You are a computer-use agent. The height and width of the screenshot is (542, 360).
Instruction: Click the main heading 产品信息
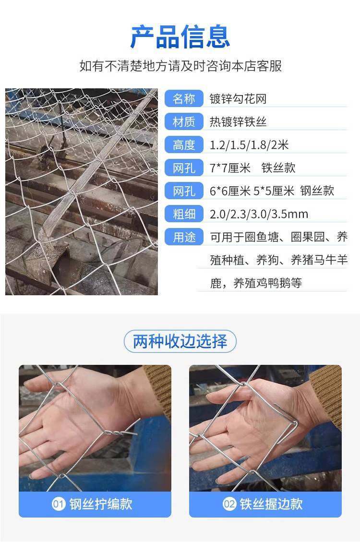[x=180, y=36]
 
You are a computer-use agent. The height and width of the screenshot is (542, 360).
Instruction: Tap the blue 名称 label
[x=184, y=99]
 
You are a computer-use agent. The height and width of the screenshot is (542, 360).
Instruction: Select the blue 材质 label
[x=184, y=121]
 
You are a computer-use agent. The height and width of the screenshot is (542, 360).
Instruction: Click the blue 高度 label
[x=184, y=145]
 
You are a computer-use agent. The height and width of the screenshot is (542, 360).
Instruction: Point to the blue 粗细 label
[x=184, y=214]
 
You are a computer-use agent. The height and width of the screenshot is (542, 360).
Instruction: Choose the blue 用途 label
[x=184, y=237]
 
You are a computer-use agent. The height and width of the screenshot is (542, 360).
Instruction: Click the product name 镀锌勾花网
[x=238, y=99]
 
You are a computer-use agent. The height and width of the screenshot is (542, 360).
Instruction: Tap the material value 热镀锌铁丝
[x=238, y=121]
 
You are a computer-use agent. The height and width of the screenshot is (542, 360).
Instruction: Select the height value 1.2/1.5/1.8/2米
[x=249, y=145]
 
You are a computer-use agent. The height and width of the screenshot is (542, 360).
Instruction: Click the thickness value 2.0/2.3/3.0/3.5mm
[x=259, y=214]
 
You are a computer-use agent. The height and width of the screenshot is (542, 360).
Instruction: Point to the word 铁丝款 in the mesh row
[x=278, y=168]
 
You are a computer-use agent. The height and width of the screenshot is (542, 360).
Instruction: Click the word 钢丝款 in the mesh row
[x=317, y=191]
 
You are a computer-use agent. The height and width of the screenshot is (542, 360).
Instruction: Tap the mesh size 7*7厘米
[x=230, y=168]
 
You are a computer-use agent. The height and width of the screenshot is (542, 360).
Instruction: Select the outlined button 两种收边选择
[x=180, y=341]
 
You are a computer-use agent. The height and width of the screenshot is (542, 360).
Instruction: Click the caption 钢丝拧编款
[x=101, y=504]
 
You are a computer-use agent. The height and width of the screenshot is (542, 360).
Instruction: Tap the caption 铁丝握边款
[x=271, y=504]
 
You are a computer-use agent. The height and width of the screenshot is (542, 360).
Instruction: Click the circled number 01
[x=59, y=504]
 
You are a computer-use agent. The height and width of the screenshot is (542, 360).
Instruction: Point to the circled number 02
[x=229, y=504]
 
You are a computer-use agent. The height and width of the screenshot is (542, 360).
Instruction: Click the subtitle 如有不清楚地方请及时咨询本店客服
[x=180, y=66]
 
